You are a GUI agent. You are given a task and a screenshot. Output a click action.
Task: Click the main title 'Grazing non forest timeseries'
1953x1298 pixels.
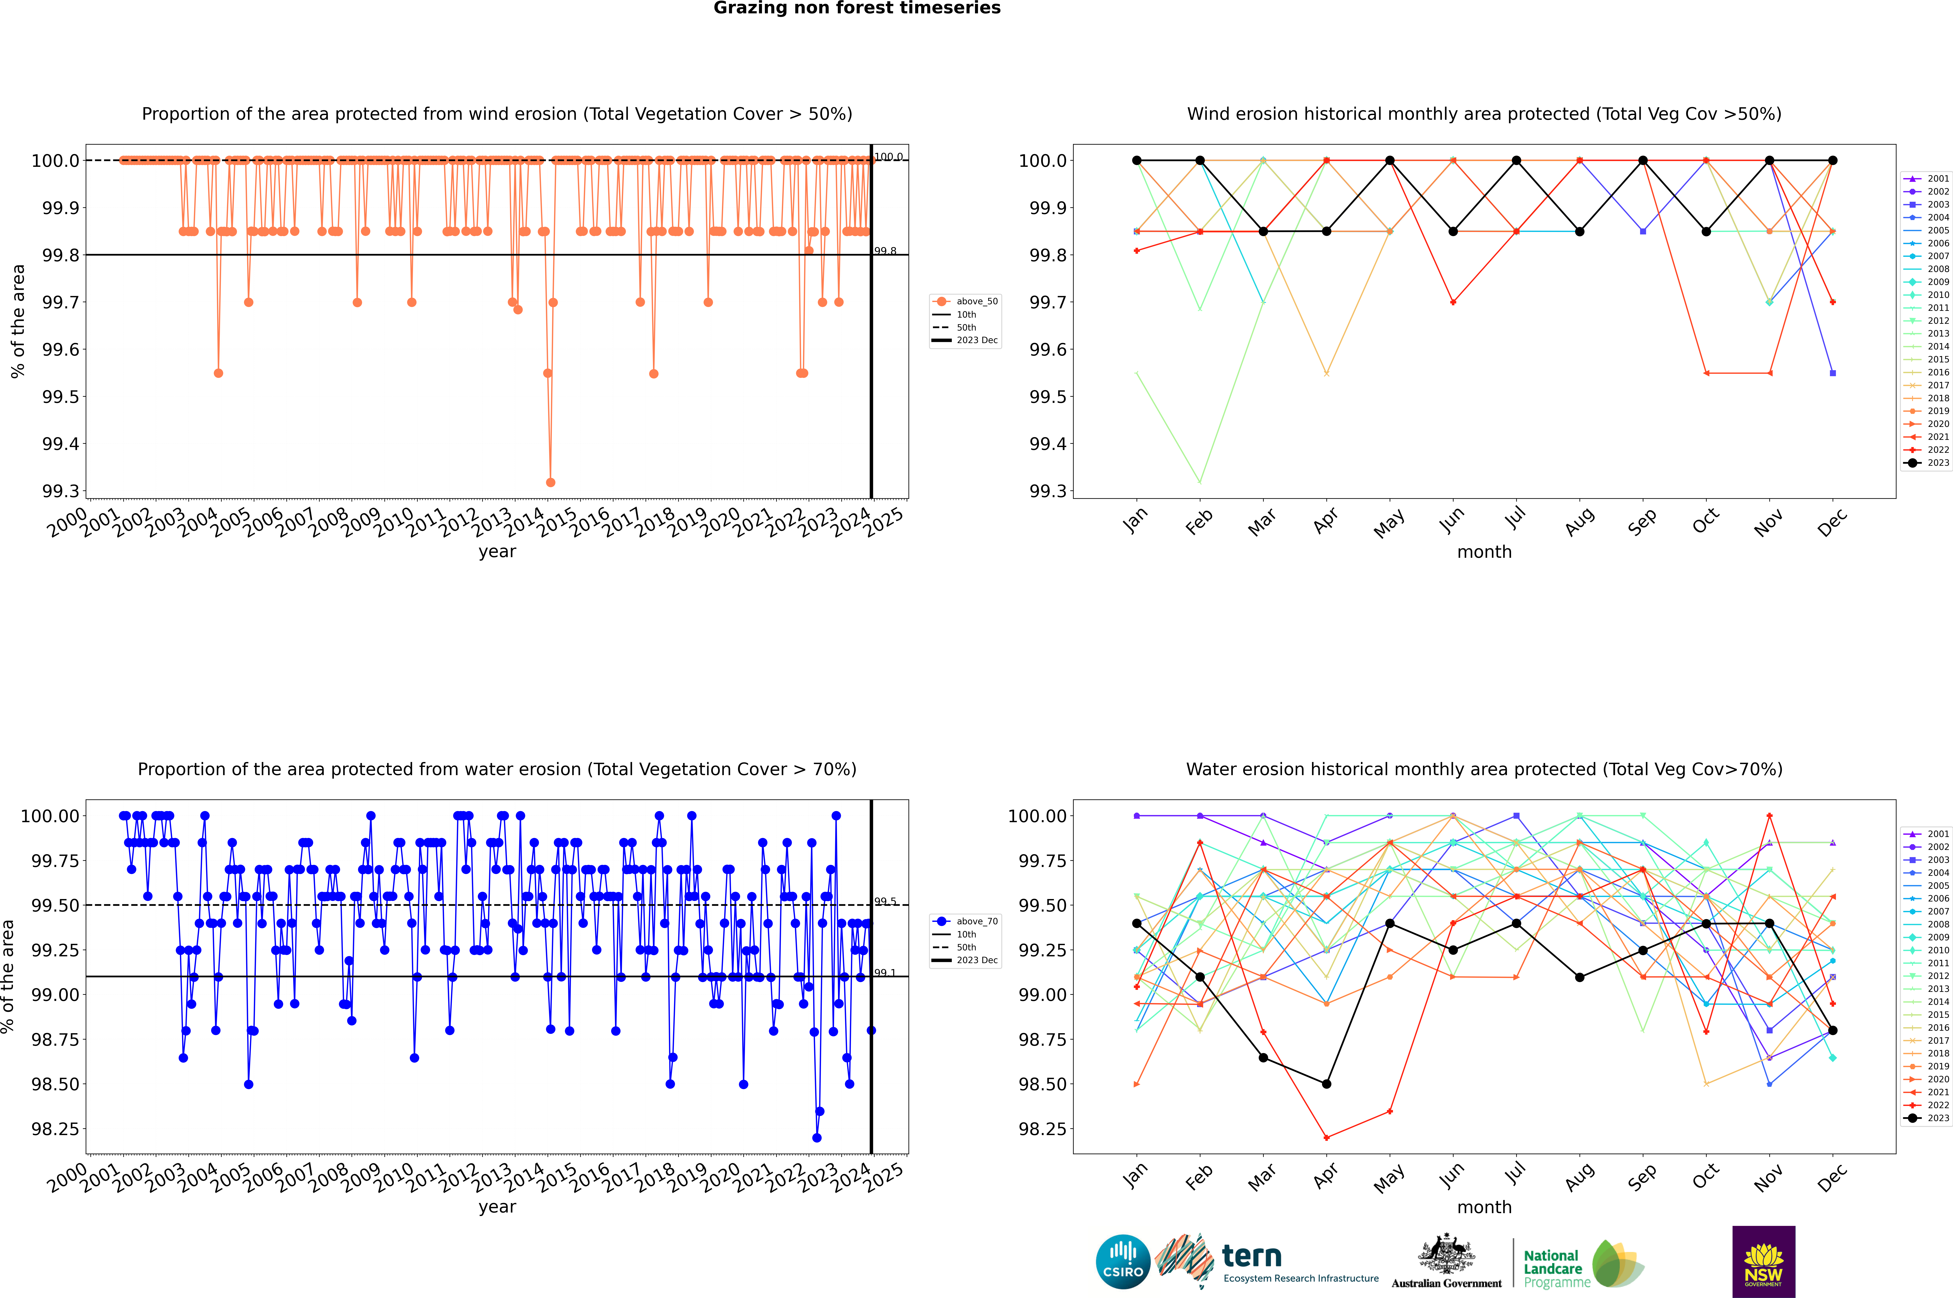857,8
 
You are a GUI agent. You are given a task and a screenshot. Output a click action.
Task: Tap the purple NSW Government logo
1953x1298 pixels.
1763,1262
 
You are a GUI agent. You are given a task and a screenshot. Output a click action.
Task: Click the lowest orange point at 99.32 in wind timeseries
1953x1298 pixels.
551,482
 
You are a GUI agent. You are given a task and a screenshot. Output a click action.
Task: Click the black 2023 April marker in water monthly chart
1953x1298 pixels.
1326,1084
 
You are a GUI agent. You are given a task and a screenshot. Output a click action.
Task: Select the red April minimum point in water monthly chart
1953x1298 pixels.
1326,1137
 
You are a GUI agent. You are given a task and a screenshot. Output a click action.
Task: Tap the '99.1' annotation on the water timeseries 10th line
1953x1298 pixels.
885,973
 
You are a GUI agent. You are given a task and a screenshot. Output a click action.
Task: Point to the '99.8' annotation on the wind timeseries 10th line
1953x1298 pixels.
885,251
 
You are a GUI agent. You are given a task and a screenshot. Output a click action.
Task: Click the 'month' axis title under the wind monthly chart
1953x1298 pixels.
1484,552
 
